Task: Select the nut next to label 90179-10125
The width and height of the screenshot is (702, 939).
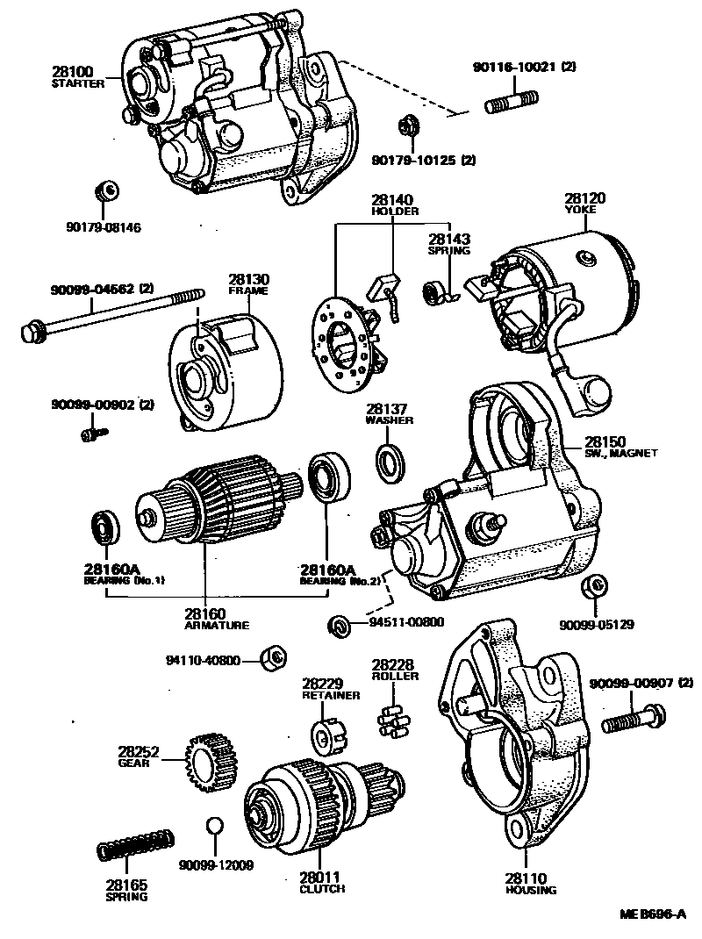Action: click(x=407, y=126)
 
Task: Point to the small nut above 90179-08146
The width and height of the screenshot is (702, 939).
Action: click(x=105, y=190)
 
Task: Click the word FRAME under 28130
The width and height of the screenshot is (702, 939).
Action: click(x=248, y=290)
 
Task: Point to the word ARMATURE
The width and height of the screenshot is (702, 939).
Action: click(x=217, y=626)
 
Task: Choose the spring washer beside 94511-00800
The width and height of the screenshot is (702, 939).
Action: click(x=338, y=625)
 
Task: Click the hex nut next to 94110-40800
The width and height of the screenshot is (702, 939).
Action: click(x=273, y=656)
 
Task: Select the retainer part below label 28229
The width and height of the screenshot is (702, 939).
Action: click(x=326, y=729)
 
